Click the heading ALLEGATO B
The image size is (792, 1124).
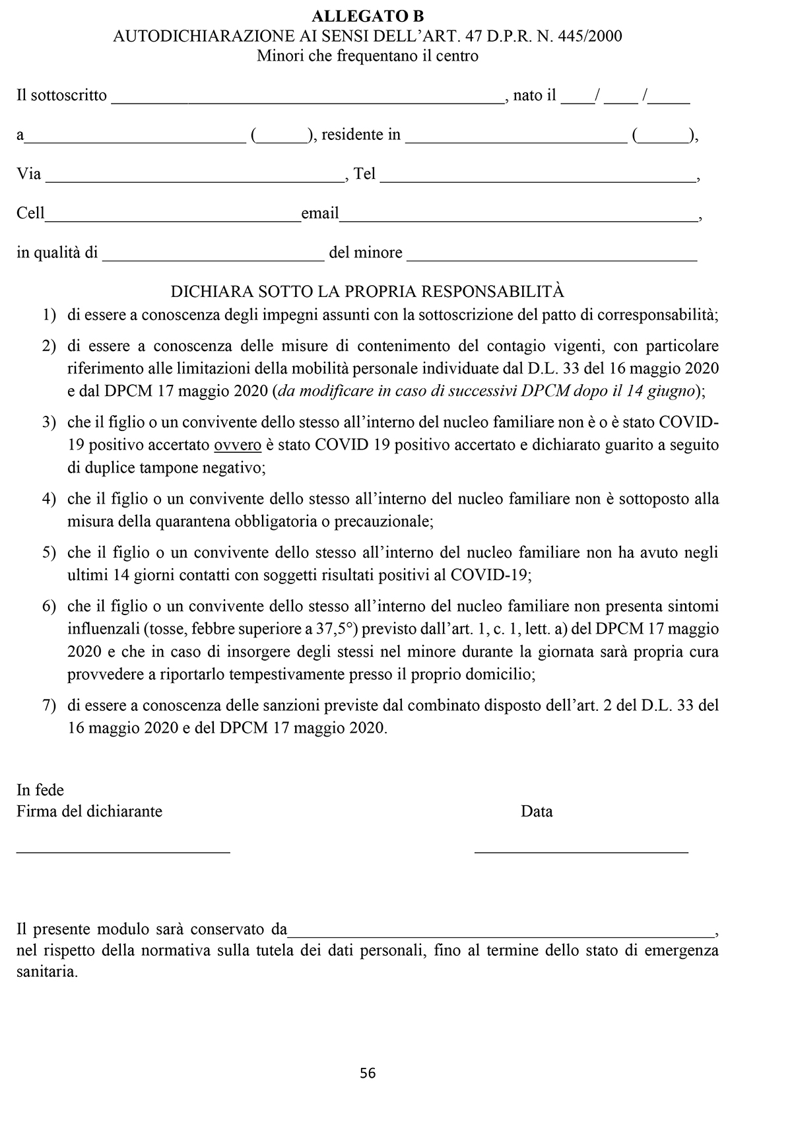[368, 17]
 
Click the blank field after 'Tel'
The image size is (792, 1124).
[538, 178]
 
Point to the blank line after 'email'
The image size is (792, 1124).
[518, 218]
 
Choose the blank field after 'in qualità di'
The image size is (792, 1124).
[213, 257]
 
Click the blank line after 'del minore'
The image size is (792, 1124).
[552, 257]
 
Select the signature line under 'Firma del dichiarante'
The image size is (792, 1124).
[123, 851]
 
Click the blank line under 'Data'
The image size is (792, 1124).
[581, 851]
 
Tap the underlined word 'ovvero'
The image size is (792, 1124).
[238, 446]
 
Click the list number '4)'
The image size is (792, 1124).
[49, 499]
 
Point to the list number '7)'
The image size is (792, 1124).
[49, 705]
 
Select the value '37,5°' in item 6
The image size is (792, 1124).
[336, 628]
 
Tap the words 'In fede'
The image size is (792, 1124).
[40, 790]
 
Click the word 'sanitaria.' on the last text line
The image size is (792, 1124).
[47, 972]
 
